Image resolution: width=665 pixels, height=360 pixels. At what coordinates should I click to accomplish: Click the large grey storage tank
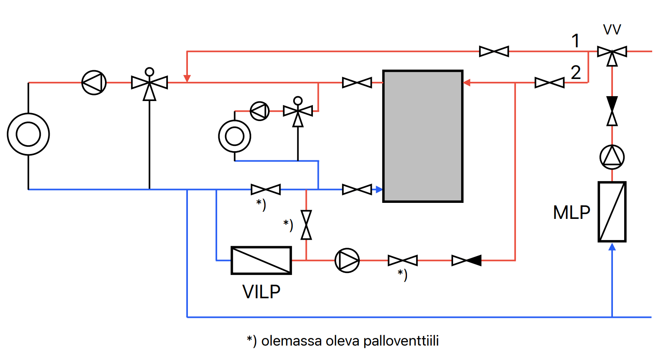(x=423, y=136)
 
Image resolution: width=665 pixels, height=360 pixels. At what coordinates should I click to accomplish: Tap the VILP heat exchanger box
(x=261, y=260)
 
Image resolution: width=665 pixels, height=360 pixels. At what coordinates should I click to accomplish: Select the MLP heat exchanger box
(x=612, y=212)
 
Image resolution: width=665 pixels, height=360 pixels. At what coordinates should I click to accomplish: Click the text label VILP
(x=261, y=292)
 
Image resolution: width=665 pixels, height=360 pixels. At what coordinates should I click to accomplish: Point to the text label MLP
(x=572, y=212)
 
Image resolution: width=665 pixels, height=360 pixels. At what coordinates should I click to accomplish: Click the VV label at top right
(x=612, y=30)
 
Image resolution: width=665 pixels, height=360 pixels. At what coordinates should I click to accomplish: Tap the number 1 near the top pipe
(x=575, y=41)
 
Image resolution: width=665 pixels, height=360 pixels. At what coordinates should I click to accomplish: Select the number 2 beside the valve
(x=576, y=73)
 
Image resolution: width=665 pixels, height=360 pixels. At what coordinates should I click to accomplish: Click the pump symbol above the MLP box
(x=612, y=157)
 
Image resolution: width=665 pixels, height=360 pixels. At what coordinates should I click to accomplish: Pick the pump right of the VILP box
(x=347, y=260)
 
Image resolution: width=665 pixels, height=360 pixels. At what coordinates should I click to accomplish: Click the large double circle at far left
(x=28, y=134)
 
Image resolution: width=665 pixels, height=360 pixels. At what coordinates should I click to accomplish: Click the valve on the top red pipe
(x=494, y=51)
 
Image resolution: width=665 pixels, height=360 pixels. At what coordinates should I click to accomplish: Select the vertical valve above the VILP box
(x=306, y=225)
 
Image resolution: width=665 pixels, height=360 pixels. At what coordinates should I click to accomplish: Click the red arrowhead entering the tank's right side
(x=466, y=83)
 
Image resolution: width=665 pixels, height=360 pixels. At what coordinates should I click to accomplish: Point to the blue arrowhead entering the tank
(x=379, y=189)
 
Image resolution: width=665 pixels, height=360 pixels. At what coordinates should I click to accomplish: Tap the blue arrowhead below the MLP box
(x=612, y=247)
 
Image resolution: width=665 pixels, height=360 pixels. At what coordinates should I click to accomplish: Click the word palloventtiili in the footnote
(x=401, y=341)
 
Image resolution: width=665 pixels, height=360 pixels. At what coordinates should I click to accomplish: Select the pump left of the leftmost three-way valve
(x=94, y=83)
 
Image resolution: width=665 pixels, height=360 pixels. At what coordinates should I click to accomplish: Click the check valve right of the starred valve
(x=466, y=260)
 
